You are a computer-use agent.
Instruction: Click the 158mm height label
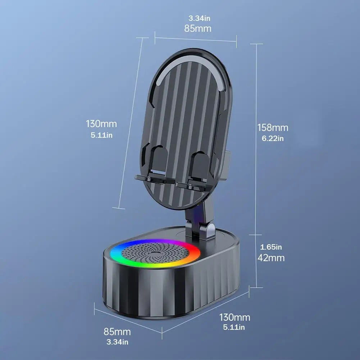point(273,128)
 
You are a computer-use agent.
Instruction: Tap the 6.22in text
point(273,138)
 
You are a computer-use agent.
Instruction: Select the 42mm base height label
point(271,258)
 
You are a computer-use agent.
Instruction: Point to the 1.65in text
point(271,247)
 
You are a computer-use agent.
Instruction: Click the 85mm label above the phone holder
point(198,28)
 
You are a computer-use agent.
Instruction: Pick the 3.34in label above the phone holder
point(199,18)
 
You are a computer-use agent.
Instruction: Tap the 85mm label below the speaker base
point(117,332)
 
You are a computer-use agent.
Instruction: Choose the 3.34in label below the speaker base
point(117,342)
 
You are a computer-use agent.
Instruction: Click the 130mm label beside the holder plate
point(101,124)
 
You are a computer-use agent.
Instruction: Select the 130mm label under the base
point(234,317)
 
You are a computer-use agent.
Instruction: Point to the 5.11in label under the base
point(234,327)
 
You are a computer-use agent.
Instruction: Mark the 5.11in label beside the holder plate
point(101,135)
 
